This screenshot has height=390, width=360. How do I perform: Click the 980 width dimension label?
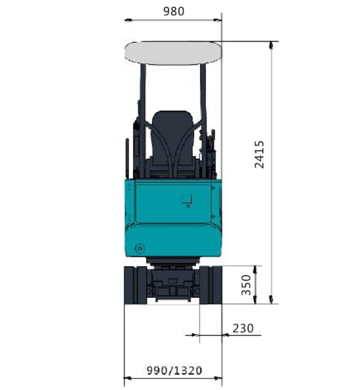pos(174,12)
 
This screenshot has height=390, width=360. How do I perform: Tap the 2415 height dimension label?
pos(259,154)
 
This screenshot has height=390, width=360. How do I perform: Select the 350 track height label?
pos(246,285)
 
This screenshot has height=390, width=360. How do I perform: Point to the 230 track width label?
pos(243,328)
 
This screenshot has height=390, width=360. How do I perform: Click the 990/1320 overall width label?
pos(174,371)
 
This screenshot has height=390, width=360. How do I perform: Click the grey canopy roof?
pos(174,53)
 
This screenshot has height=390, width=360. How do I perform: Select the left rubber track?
pos(135,285)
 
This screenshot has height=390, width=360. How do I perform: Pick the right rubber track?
pos(210,285)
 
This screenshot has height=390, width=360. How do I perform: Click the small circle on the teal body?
pos(140,248)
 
